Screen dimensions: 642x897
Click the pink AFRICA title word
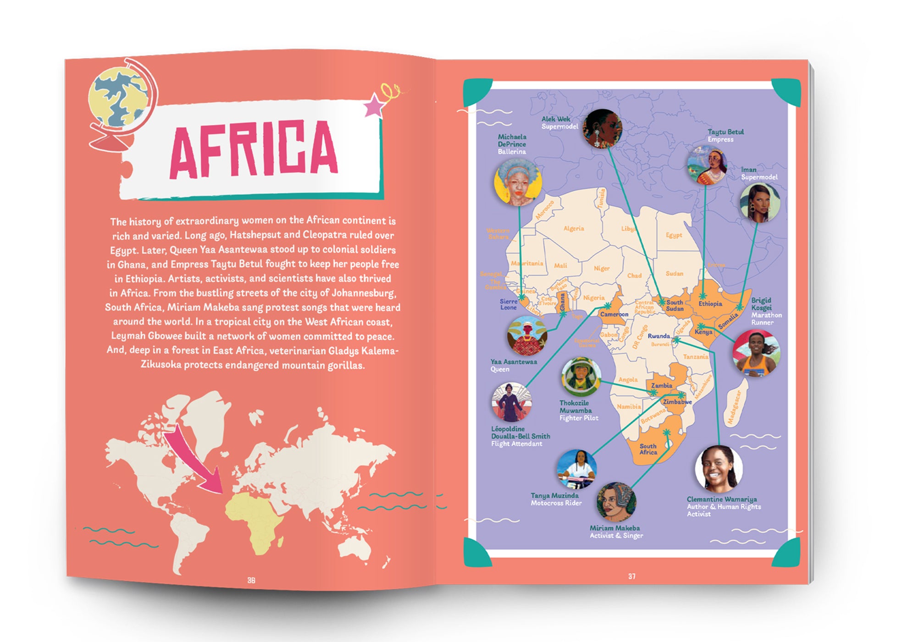254,149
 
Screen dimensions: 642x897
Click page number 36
251,580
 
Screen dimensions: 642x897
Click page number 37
632,576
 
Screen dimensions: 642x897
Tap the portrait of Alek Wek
603,129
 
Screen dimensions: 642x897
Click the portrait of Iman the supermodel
759,203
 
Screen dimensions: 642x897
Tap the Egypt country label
674,235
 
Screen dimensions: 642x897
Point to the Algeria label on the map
574,228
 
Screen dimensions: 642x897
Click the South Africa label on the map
648,449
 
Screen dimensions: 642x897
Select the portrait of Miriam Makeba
616,502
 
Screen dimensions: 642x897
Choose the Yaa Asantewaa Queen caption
513,365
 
